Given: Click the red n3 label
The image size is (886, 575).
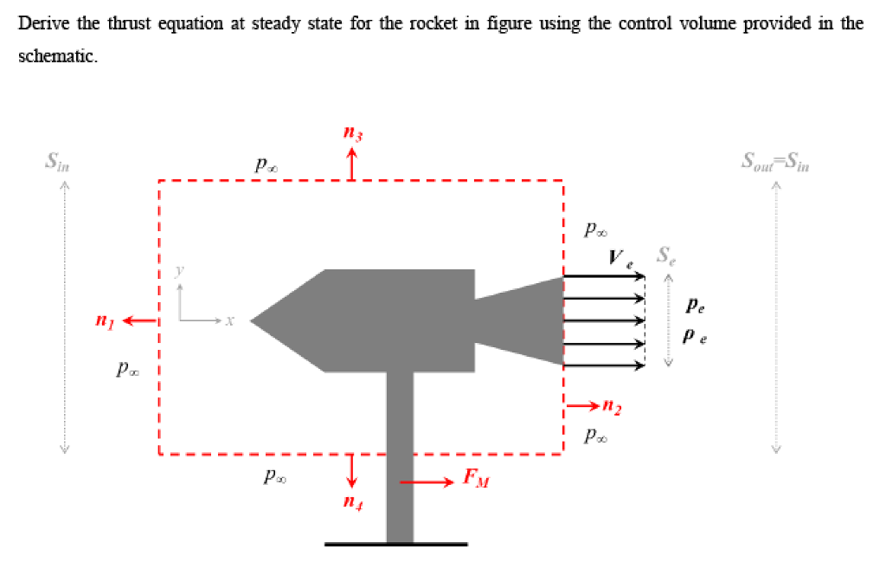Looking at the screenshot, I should point(351,135).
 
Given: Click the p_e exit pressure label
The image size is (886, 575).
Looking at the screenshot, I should point(695,306).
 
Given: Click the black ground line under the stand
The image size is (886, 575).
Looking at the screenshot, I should point(396,544).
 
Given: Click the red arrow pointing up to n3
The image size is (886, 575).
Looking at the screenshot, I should point(351,164).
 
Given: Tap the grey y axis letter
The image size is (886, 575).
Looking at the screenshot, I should point(181,271).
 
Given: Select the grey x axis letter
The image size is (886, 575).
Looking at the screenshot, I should point(229,321).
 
